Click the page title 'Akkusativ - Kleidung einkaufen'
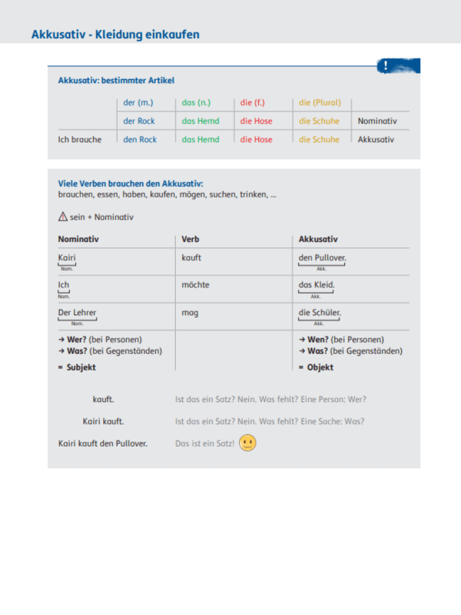click(x=115, y=35)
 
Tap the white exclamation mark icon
click(x=385, y=67)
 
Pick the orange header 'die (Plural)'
click(x=320, y=103)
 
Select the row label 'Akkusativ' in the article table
click(x=376, y=140)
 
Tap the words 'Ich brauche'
click(x=80, y=140)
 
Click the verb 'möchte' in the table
click(x=195, y=285)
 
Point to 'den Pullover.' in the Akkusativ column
click(x=323, y=258)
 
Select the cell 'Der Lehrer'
click(x=78, y=313)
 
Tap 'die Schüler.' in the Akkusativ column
click(x=320, y=313)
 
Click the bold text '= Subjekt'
click(x=77, y=367)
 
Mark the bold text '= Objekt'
click(x=316, y=367)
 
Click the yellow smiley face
click(x=247, y=444)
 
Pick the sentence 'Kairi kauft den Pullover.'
click(x=103, y=444)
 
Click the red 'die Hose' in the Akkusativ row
click(x=256, y=140)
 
